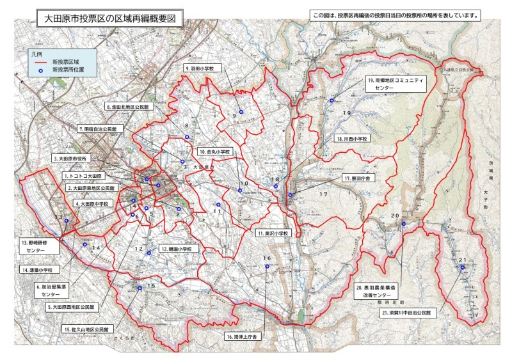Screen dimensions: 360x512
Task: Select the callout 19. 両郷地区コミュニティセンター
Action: click(396, 84)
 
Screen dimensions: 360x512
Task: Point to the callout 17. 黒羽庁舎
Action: click(357, 179)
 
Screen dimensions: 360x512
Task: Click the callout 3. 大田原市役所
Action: click(74, 157)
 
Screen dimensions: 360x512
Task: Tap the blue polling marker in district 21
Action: click(462, 268)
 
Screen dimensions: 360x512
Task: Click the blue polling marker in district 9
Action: click(241, 113)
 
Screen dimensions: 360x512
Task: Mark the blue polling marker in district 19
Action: click(332, 100)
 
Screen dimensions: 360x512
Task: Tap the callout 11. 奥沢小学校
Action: click(273, 234)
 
